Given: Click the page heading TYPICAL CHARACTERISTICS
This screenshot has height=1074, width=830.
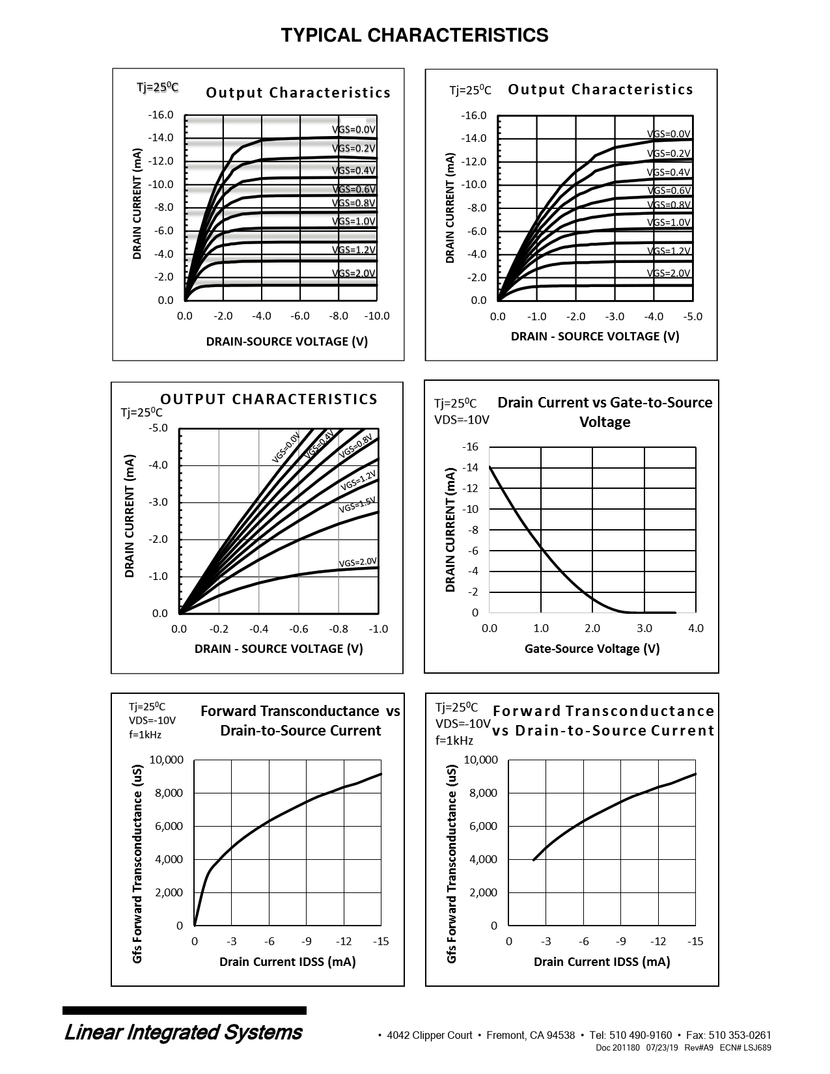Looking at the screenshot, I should (415, 35).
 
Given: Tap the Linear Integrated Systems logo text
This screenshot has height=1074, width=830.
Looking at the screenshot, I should (183, 1032).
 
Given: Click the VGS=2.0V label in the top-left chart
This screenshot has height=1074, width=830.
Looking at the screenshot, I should (353, 273).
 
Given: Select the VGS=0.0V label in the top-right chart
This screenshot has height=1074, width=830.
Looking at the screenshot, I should (669, 134).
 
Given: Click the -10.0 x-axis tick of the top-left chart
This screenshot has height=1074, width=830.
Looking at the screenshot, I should (376, 316).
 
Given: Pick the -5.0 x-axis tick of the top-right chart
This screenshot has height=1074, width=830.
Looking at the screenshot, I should (693, 316).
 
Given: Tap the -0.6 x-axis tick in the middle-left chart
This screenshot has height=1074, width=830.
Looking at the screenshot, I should (299, 629).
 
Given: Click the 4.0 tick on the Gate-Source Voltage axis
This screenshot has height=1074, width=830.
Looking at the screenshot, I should (696, 629).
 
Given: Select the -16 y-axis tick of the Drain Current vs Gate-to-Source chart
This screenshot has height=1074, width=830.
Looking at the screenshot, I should (470, 447).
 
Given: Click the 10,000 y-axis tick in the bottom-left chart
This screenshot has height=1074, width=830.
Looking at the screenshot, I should (167, 760).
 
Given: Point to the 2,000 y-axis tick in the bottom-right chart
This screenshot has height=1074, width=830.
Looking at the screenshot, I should (483, 892).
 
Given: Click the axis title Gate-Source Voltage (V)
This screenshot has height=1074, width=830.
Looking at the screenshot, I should (592, 649).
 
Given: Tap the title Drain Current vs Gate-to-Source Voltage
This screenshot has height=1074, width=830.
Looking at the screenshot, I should (605, 412).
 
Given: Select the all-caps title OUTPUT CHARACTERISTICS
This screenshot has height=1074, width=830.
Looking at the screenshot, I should (269, 399).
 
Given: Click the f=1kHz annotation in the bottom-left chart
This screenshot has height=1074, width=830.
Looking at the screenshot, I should (145, 735).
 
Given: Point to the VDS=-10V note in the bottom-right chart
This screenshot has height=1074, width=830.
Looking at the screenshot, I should (463, 724).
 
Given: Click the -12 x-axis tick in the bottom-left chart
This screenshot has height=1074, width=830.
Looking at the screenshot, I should (344, 942).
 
